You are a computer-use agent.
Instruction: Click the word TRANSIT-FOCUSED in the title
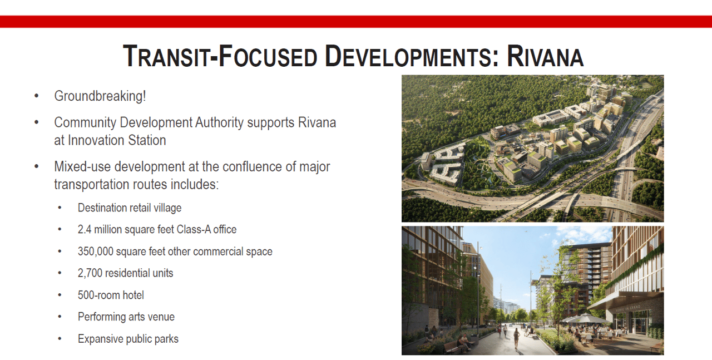220,56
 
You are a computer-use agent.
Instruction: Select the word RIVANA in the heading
545,56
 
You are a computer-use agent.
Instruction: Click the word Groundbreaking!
100,96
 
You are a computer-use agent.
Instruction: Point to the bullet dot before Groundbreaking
37,95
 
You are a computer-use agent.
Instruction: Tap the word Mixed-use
83,166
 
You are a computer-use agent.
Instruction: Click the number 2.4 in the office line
85,229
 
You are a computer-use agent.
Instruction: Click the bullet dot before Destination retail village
60,208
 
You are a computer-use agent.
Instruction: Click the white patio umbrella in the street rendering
586,318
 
